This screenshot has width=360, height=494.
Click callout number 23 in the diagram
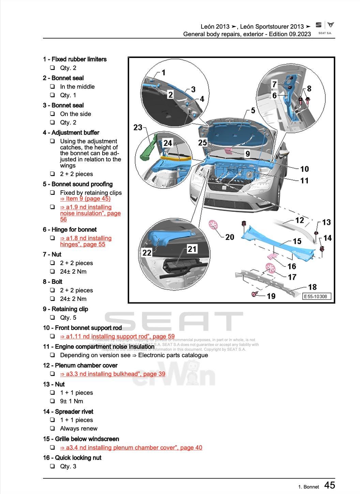point(137,127)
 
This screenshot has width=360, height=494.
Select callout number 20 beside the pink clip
point(229,236)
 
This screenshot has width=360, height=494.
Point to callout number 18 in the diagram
point(312,287)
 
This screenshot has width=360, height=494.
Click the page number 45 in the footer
point(329,485)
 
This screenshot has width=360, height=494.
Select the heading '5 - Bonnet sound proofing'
point(78,184)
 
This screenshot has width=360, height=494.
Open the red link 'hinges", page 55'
point(83,244)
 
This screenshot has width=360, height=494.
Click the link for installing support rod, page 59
point(117,336)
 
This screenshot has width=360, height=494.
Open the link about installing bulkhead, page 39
point(112,374)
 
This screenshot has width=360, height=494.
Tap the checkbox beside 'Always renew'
point(52,428)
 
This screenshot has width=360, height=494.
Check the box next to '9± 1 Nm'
point(52,401)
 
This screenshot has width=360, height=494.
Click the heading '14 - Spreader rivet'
point(68,411)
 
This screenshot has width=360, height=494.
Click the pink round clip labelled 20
point(213,225)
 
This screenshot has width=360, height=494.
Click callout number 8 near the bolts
point(309,89)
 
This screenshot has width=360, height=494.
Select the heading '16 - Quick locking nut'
point(72,458)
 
